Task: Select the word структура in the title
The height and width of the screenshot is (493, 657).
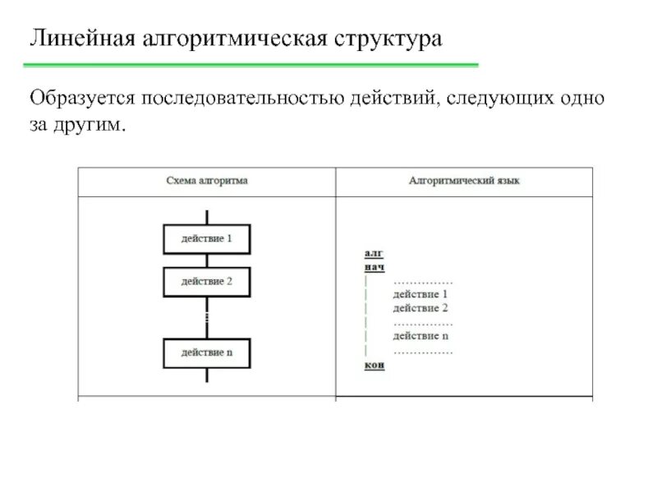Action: [x=387, y=39]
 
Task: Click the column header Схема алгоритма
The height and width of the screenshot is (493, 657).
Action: [x=206, y=181]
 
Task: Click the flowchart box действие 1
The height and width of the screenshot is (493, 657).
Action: [x=207, y=239]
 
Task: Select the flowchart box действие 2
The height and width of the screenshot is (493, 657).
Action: [x=207, y=282]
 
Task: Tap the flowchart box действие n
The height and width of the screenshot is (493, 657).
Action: [x=207, y=352]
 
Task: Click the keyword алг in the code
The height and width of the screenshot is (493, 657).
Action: [x=373, y=254]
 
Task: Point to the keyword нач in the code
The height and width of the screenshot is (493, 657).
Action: [x=374, y=267]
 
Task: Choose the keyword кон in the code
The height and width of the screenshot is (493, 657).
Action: [x=374, y=366]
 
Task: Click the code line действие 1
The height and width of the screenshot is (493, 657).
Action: [x=420, y=294]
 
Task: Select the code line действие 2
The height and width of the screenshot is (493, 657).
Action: [x=420, y=308]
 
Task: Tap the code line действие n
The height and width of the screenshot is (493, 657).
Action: [x=420, y=336]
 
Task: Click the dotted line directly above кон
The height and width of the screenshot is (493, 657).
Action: [x=423, y=351]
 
